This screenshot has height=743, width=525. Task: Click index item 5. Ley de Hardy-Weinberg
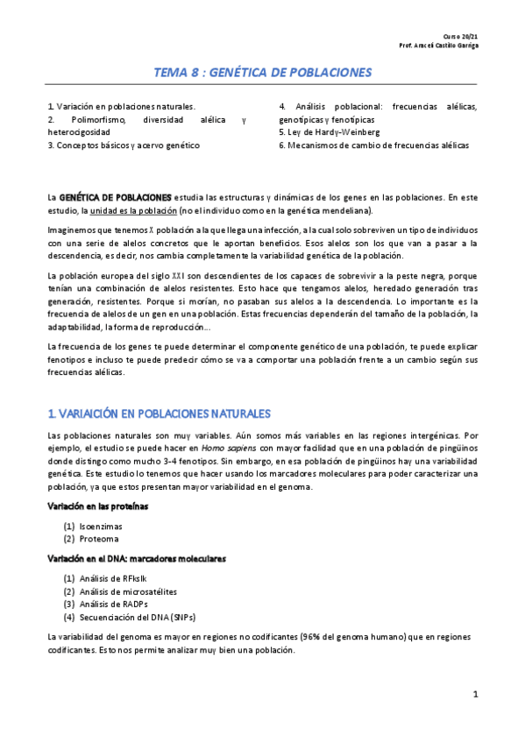tap(329, 132)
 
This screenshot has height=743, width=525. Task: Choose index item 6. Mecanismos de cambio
tap(373, 145)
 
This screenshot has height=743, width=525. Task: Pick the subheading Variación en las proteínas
tap(97, 506)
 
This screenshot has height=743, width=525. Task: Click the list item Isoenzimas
tap(98, 527)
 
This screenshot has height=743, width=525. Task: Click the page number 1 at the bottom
tap(474, 695)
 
